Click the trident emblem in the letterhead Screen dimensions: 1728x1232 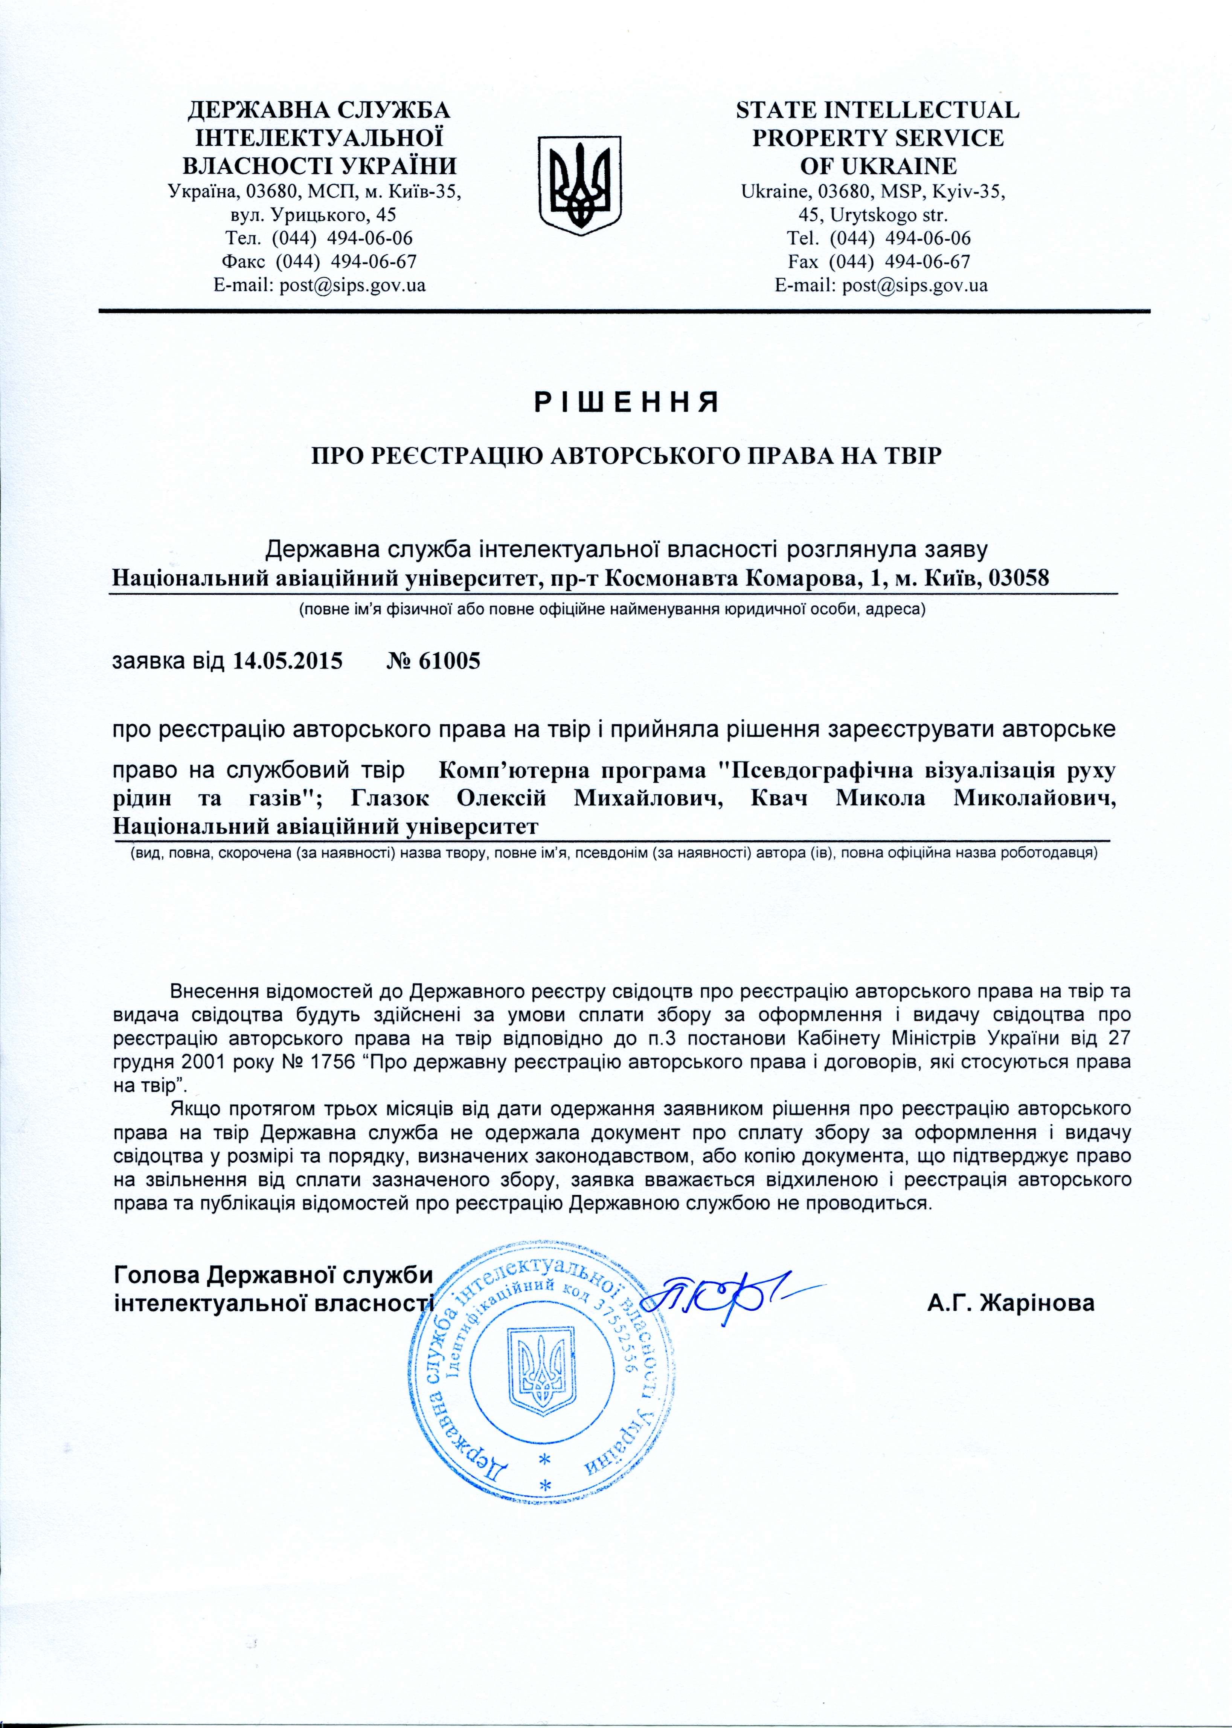tap(579, 185)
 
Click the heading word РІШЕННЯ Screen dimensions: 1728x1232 tap(627, 402)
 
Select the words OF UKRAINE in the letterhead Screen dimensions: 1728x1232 tap(878, 165)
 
